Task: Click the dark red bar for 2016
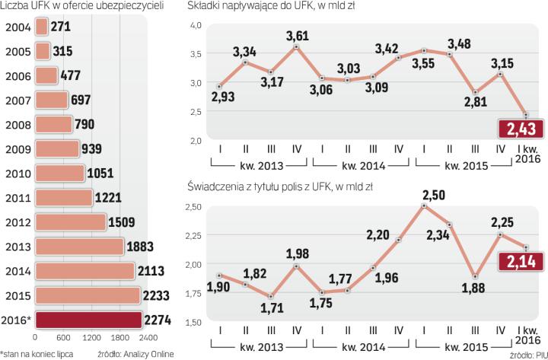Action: pyautogui.click(x=88, y=320)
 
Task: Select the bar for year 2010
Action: pyautogui.click(x=61, y=172)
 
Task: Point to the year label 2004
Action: pyautogui.click(x=17, y=27)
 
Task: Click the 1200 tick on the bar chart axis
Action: pyautogui.click(x=91, y=337)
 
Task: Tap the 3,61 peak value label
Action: pyautogui.click(x=296, y=36)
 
